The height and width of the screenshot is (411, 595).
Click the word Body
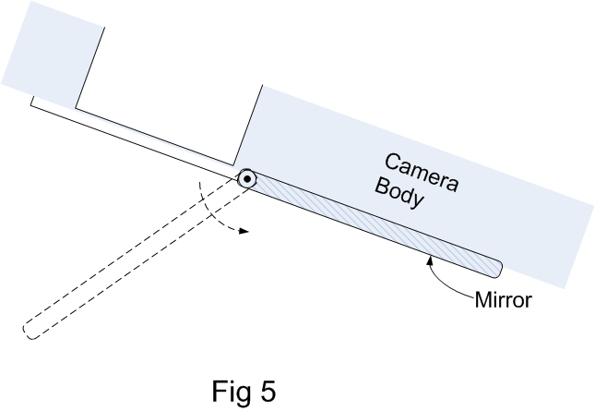pyautogui.click(x=400, y=194)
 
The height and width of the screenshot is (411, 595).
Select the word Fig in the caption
pyautogui.click(x=231, y=392)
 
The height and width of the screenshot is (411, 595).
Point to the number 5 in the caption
pyautogui.click(x=267, y=392)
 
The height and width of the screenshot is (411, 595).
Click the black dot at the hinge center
pyautogui.click(x=246, y=178)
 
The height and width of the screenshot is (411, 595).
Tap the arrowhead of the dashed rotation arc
pyautogui.click(x=244, y=232)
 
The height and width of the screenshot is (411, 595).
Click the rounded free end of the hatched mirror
pyautogui.click(x=496, y=269)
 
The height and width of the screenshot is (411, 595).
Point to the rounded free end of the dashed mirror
pyautogui.click(x=31, y=328)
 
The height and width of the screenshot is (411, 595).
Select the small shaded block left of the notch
pyautogui.click(x=51, y=51)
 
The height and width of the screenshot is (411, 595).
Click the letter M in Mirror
pyautogui.click(x=482, y=300)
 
